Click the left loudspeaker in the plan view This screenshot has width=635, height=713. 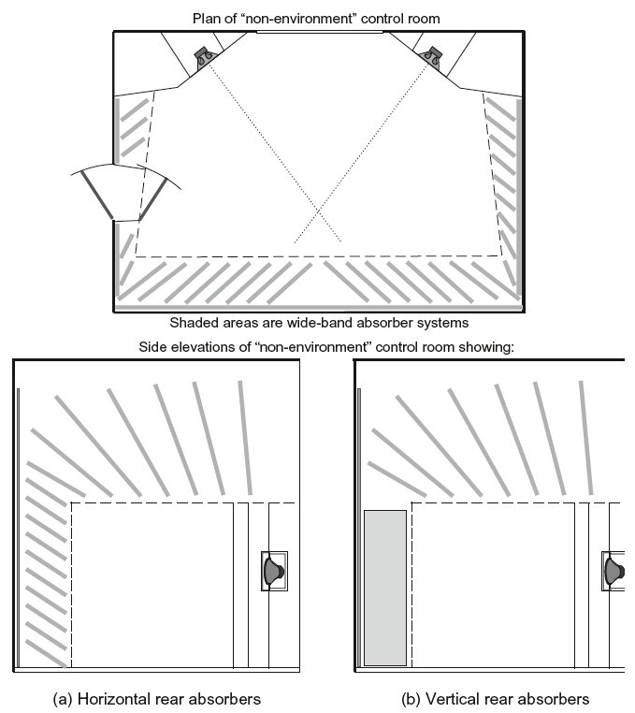pyautogui.click(x=204, y=57)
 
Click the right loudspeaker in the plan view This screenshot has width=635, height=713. pyautogui.click(x=431, y=57)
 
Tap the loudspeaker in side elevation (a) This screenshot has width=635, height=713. pyautogui.click(x=273, y=571)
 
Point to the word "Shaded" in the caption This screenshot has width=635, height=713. pyautogui.click(x=194, y=323)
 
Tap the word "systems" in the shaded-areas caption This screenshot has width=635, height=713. pyautogui.click(x=440, y=323)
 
